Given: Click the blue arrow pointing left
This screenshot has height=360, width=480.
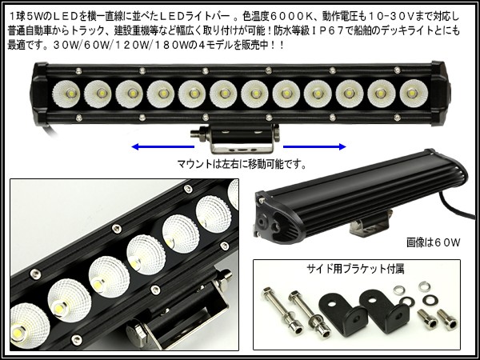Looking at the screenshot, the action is click(x=162, y=147).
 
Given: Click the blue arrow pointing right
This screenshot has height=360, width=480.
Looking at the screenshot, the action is click(x=314, y=147).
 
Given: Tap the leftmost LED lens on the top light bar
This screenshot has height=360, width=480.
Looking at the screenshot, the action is click(x=66, y=94).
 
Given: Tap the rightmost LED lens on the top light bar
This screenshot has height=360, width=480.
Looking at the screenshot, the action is click(x=414, y=94).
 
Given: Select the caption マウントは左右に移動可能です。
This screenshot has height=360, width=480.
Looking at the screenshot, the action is click(x=242, y=164).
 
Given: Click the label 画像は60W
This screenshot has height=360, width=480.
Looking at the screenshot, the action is click(x=433, y=242).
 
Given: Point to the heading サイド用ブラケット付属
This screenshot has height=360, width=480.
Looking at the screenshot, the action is click(x=355, y=269).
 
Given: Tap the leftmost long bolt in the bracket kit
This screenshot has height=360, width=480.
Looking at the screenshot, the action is click(x=282, y=310).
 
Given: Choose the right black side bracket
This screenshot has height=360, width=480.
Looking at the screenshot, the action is click(x=385, y=312).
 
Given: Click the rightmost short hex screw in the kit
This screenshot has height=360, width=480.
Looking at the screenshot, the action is click(x=447, y=319).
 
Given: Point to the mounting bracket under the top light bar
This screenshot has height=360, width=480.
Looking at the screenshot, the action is click(x=236, y=138).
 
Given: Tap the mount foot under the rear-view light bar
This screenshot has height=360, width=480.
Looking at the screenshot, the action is click(x=371, y=224).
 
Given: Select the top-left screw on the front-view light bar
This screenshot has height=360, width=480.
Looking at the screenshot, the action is click(x=78, y=71).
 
